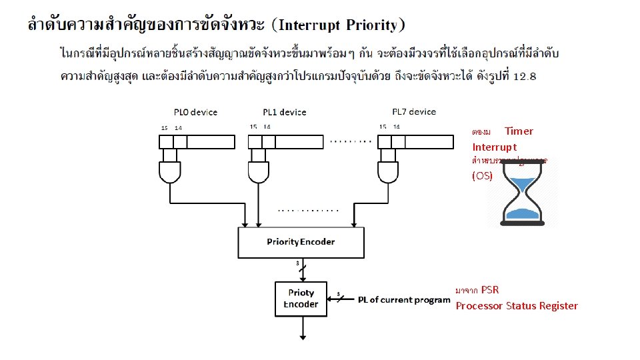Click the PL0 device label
195,112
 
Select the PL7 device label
413,112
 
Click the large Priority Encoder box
301,242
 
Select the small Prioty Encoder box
301,299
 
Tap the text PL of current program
404,300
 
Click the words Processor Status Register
517,306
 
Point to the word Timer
519,131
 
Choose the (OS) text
482,176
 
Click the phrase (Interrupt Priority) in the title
340,26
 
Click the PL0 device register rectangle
197,141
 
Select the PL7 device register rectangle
414,141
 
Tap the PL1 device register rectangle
286,141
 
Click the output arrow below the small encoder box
301,330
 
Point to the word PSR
490,290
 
